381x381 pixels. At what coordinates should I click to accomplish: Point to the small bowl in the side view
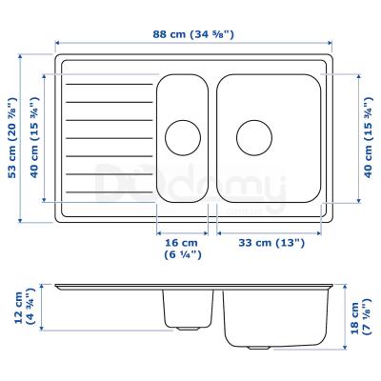coord(187,307)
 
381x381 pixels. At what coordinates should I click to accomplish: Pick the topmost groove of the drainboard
coord(110,86)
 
